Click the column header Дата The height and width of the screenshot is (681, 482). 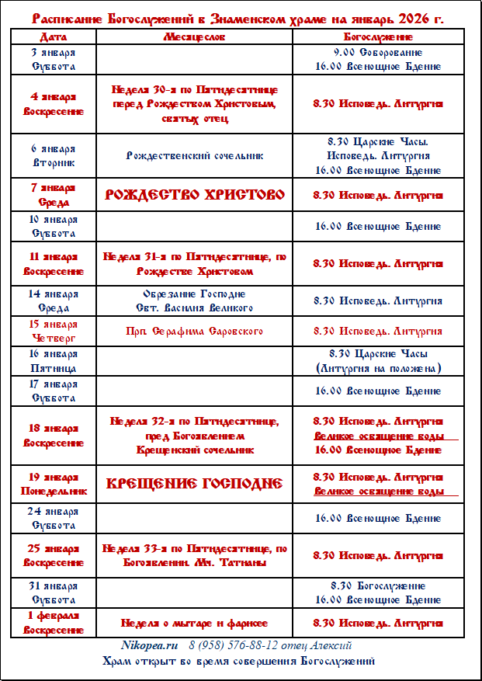54,36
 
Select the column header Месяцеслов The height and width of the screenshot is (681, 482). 194,36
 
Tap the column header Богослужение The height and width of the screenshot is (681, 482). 378,36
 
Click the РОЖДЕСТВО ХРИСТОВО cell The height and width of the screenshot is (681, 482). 194,194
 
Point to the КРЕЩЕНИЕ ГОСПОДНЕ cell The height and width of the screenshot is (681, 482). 194,484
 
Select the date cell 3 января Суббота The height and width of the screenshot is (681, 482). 54,59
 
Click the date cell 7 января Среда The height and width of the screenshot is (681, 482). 54,194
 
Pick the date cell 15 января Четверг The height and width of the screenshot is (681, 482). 54,331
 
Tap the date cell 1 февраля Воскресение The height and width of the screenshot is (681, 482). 54,622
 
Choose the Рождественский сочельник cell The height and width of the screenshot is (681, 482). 194,155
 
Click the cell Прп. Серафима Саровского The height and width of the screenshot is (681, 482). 194,332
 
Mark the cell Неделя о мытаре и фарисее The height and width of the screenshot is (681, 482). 194,623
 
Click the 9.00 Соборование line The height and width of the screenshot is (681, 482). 378,52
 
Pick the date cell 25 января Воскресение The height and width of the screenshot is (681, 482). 54,555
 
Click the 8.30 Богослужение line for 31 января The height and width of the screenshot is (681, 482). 378,585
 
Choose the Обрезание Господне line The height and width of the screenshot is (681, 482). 194,294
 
